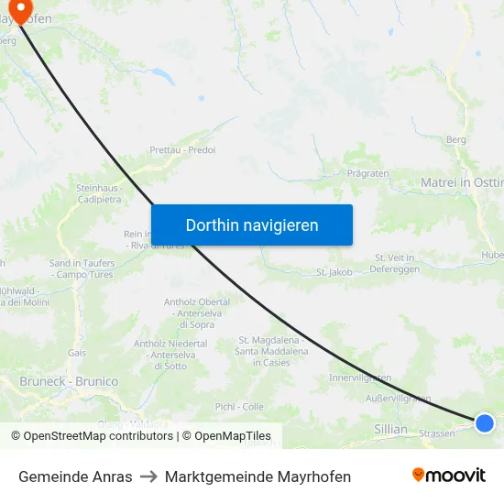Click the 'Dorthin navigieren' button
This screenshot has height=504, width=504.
252,225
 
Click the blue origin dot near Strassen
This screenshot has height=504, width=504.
485,422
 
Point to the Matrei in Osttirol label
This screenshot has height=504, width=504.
462,183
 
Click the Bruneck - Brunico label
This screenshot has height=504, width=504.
69,381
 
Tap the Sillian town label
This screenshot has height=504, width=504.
390,429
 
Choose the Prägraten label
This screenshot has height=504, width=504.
368,172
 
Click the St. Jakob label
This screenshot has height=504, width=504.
334,272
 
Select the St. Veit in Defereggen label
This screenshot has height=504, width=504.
395,263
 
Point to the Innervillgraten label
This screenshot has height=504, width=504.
360,378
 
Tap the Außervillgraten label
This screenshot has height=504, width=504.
398,399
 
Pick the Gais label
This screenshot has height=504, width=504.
77,352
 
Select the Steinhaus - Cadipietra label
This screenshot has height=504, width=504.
98,193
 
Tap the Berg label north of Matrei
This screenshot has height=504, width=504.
455,139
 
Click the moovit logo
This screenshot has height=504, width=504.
449,476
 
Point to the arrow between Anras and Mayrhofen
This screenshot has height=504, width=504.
148,477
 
